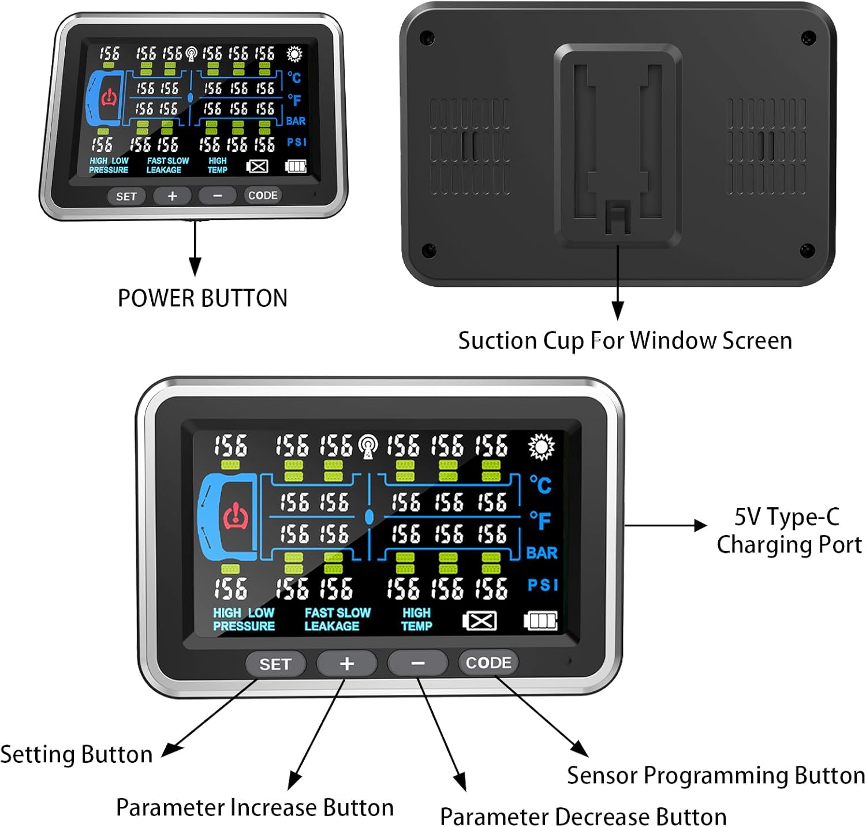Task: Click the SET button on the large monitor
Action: coord(275,664)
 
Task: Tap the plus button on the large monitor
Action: coord(346,664)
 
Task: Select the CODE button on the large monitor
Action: coord(488,663)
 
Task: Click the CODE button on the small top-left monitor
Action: coord(263,196)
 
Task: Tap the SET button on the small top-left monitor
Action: coord(126,196)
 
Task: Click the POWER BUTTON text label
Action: coord(203,298)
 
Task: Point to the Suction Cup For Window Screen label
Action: coord(625,340)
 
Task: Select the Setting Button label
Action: coord(76,754)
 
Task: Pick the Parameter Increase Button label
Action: coord(255,807)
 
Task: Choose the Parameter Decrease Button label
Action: coord(583,817)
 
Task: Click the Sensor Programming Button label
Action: coord(715,776)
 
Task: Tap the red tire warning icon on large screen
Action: coord(236,516)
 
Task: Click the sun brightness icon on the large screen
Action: coord(541,447)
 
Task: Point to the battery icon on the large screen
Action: coord(540,621)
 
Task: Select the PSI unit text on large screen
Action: coord(543,585)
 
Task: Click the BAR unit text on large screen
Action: coord(542,553)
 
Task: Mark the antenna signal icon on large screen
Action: coord(368,446)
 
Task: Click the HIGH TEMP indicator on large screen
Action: coord(416,619)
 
